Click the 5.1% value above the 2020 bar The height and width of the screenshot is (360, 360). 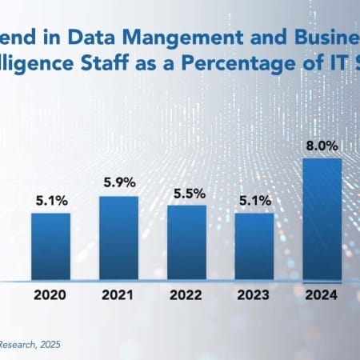pos(50,202)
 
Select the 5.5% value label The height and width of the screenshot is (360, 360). pos(186,194)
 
